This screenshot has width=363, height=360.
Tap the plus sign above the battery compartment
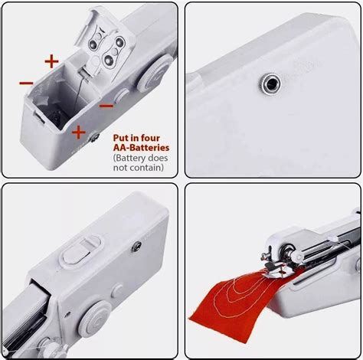[x=51, y=60]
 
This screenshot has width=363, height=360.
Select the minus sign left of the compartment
[x=26, y=81]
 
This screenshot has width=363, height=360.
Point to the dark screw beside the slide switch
[x=137, y=247]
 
